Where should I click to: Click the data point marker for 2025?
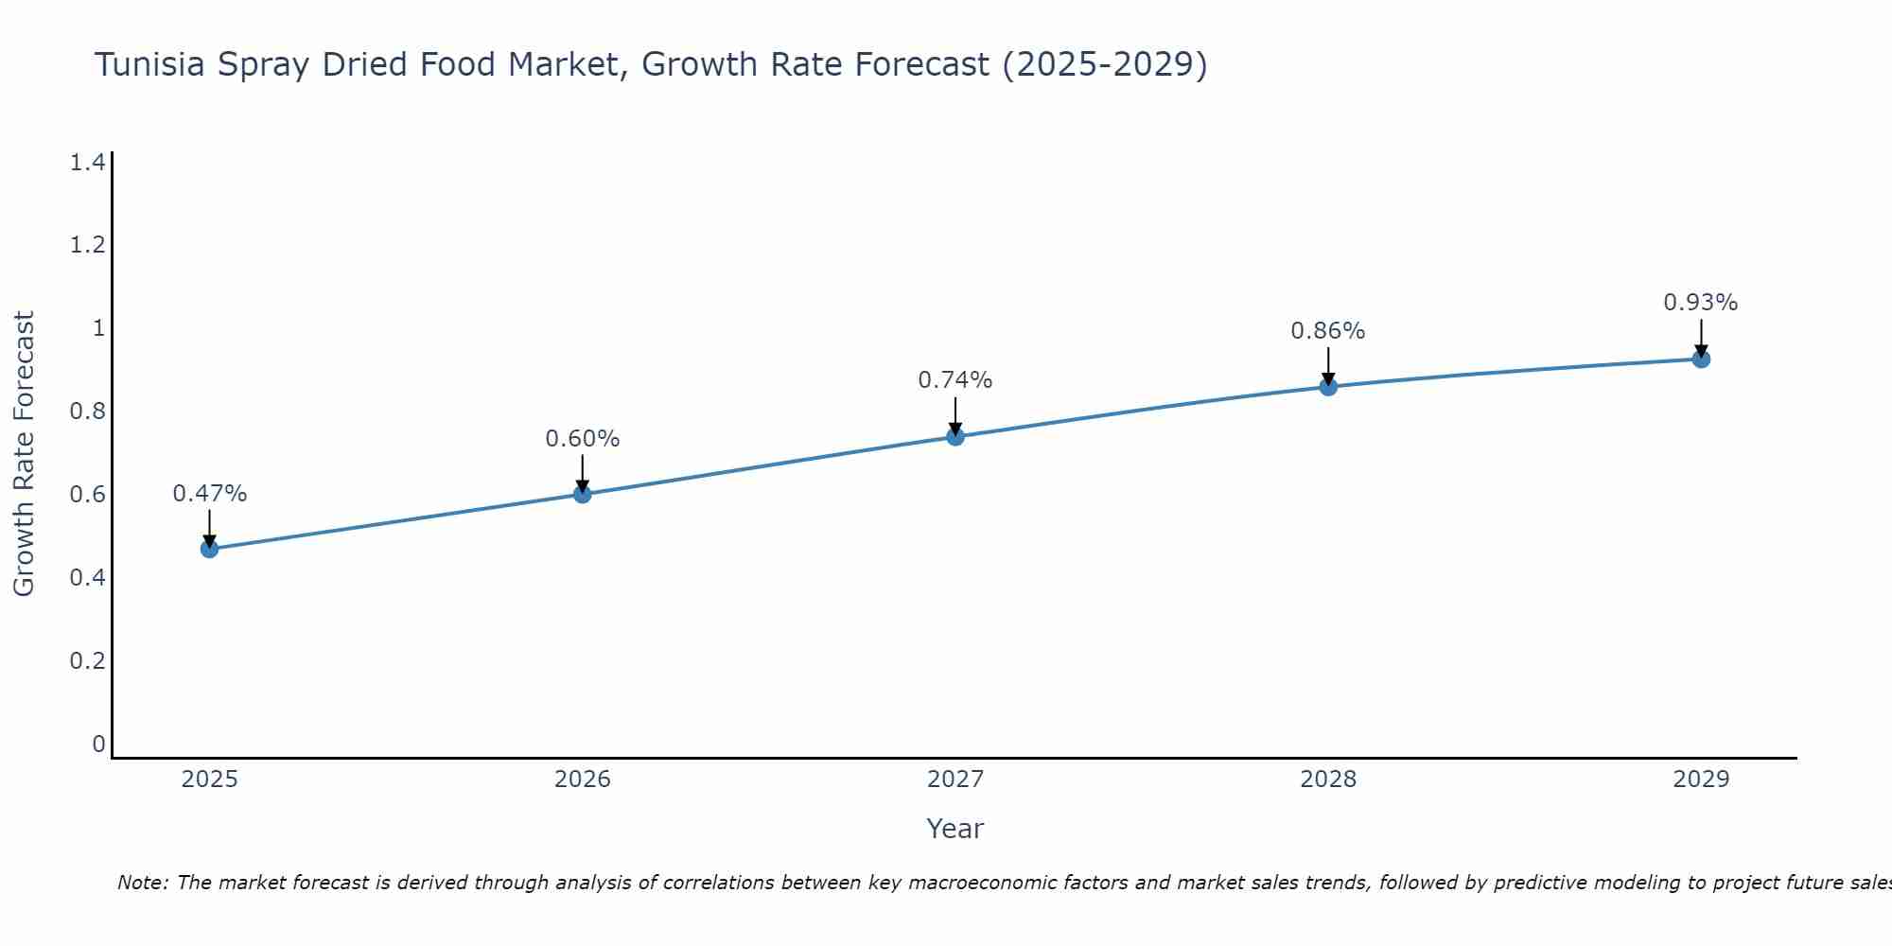pos(209,549)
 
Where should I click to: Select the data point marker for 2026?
pos(582,494)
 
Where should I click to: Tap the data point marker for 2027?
pos(955,436)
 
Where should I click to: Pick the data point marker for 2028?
pos(1328,386)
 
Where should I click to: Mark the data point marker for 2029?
pos(1701,359)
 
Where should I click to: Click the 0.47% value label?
pos(209,494)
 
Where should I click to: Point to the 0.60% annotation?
pos(582,439)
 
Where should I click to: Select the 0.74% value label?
pos(955,380)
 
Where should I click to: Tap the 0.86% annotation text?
pos(1328,331)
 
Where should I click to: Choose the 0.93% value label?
pos(1701,303)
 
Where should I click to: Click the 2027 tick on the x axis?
pos(955,780)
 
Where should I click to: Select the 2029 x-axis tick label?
pos(1701,780)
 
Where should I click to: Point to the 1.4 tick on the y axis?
pos(87,163)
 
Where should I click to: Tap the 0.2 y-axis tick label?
pos(87,660)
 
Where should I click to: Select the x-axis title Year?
pos(955,829)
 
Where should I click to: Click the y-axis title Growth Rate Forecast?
pos(24,454)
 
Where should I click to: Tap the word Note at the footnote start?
pos(142,883)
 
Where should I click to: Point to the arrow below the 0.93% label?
pos(1701,338)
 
